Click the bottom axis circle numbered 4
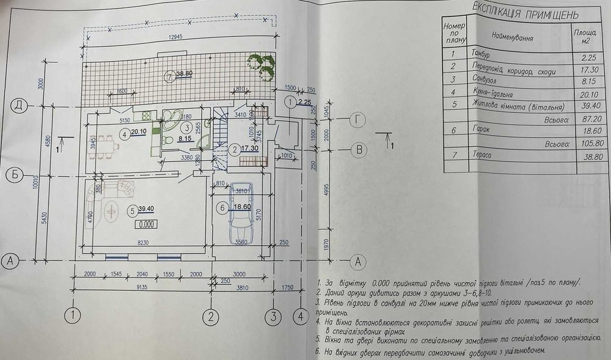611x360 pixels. [300, 317]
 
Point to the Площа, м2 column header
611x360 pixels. [579, 36]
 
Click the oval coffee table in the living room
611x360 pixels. [111, 211]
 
